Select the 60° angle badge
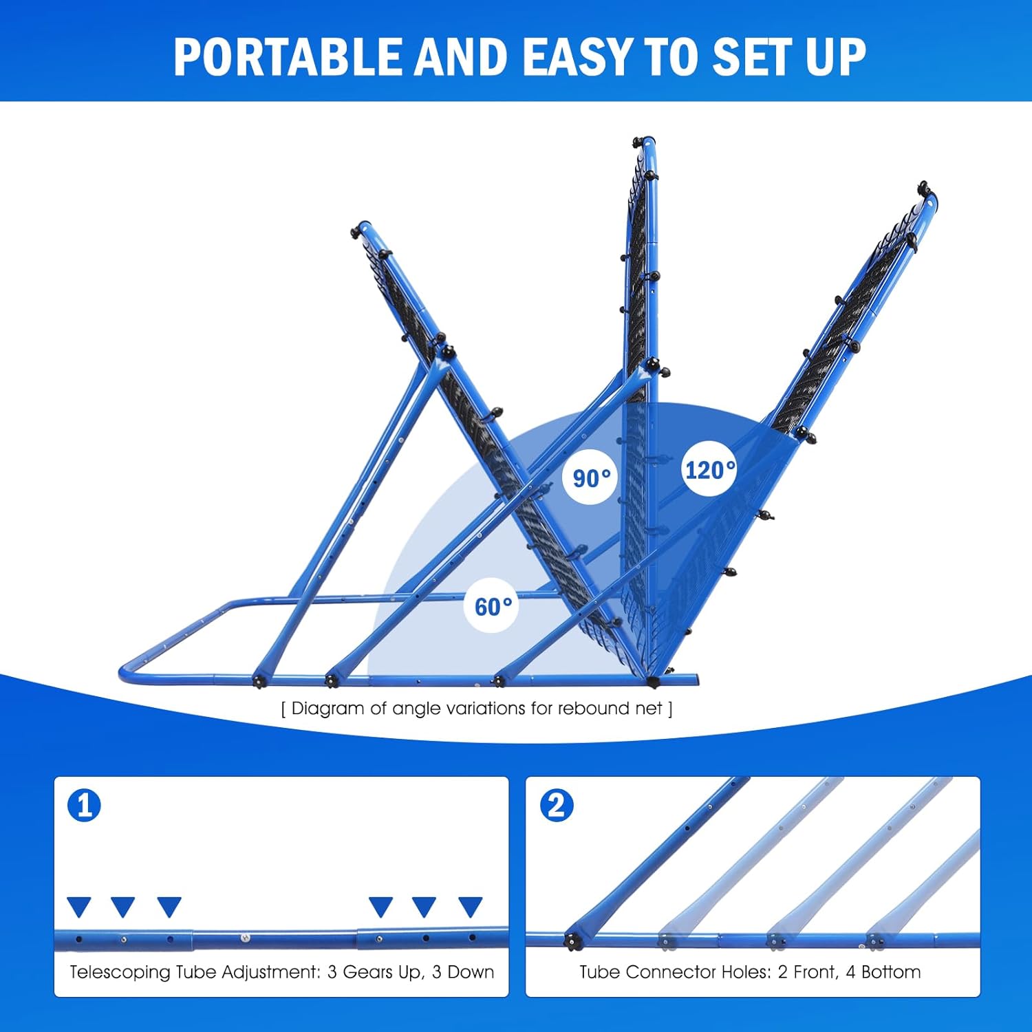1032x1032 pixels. click(493, 606)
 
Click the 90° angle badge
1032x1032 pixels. click(591, 477)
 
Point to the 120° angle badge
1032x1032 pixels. click(709, 471)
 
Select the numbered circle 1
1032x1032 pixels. click(85, 806)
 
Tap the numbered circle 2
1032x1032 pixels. click(556, 806)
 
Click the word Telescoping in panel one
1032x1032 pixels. click(120, 972)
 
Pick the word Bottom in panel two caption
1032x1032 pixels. click(891, 972)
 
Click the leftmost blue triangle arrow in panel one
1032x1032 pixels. click(79, 907)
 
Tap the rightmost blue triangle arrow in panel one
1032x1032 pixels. click(471, 907)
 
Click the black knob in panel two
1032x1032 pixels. click(572, 940)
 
